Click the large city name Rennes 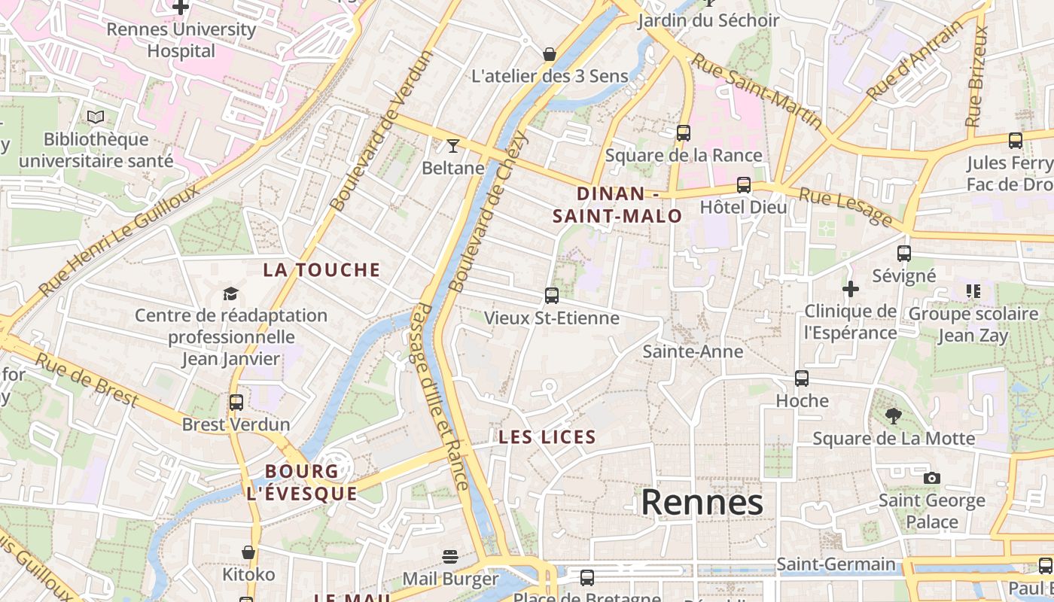[x=702, y=503]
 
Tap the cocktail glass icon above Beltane [x=452, y=145]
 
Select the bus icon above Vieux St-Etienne [x=552, y=296]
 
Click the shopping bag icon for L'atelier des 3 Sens [x=550, y=54]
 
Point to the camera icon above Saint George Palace [x=931, y=478]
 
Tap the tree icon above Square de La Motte [x=894, y=416]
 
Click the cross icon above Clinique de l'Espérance [x=851, y=289]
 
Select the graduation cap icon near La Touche [x=230, y=293]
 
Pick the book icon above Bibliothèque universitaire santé [x=96, y=117]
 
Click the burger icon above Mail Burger [x=450, y=557]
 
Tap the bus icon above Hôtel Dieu [x=744, y=185]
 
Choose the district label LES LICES [x=547, y=437]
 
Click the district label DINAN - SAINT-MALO [x=617, y=205]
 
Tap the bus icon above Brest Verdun [x=236, y=403]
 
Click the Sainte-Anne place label [x=693, y=351]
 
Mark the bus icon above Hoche [x=802, y=379]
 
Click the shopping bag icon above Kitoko [x=248, y=553]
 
